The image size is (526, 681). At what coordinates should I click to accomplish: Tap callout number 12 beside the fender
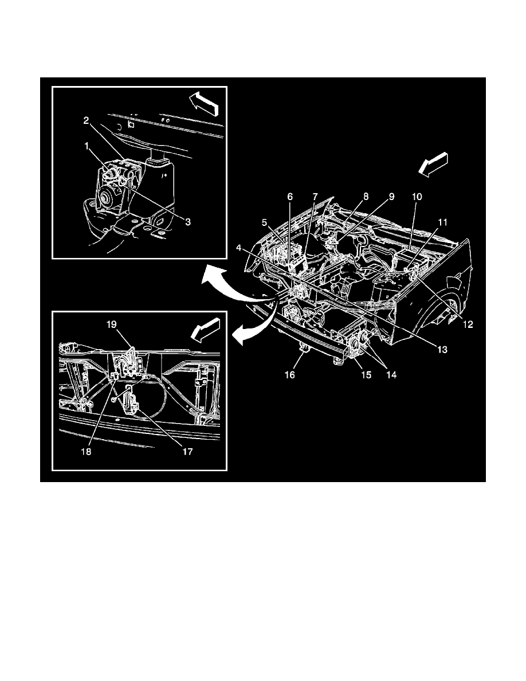pos(468,324)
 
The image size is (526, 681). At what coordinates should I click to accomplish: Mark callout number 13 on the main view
pos(439,349)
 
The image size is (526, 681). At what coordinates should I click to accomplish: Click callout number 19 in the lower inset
pos(111,324)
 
